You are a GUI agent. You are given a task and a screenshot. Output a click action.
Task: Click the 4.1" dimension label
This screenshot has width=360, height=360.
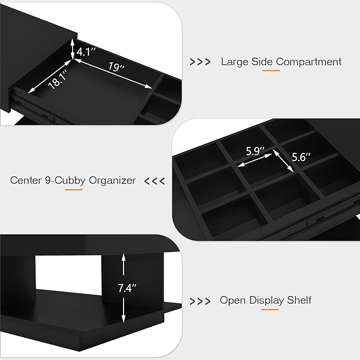(86, 52)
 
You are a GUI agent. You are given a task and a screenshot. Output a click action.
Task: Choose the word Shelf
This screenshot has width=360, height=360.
(300, 301)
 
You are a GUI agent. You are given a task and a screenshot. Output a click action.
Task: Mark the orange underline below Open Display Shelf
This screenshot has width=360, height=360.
(270, 309)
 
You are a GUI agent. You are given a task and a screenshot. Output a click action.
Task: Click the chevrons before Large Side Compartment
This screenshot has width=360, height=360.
(200, 62)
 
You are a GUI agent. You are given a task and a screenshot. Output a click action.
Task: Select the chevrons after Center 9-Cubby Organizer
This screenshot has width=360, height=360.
(155, 181)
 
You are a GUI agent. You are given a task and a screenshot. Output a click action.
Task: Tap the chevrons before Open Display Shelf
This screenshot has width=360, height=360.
(200, 301)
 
